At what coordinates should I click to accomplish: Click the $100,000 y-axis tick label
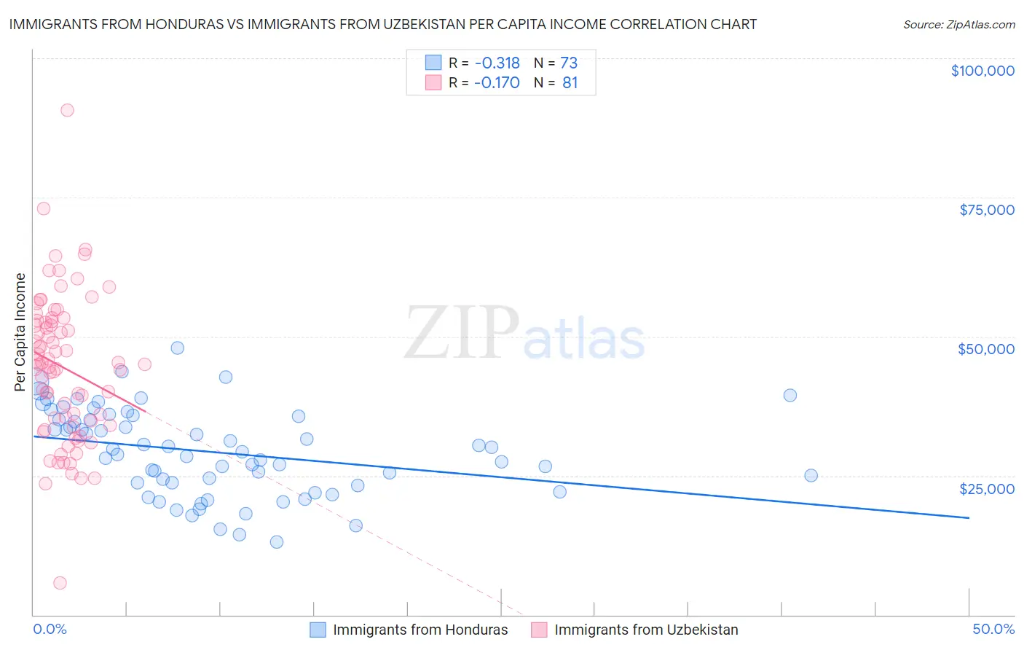[982, 71]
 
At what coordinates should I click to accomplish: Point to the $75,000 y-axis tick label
[986, 210]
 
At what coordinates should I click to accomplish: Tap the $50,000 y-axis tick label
[986, 349]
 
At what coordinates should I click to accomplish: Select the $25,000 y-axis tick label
[986, 488]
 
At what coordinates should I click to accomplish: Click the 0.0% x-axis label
[50, 629]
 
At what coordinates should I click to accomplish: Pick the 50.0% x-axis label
[993, 629]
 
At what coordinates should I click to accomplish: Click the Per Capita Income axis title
[20, 332]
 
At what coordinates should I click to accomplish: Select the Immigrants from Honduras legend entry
[420, 630]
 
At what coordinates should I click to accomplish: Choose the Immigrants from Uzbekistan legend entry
[646, 630]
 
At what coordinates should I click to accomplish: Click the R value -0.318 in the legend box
[497, 63]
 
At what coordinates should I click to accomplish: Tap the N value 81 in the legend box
[570, 82]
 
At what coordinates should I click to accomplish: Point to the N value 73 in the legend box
[569, 63]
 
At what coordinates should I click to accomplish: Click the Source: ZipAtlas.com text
[958, 24]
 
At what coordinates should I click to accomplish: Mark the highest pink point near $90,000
[67, 110]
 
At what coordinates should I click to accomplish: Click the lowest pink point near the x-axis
[60, 583]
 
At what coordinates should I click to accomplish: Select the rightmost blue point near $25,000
[811, 475]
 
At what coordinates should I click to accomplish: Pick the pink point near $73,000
[44, 208]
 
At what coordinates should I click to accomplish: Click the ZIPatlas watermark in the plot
[524, 334]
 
